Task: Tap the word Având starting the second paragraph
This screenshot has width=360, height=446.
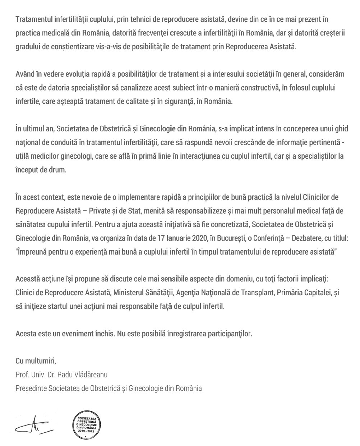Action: tap(25, 74)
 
